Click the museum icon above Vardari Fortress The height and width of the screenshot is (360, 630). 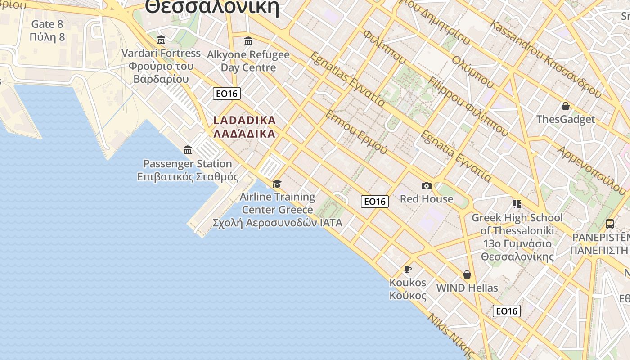pos(161,40)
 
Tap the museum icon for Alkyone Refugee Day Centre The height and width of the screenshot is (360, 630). pos(248,41)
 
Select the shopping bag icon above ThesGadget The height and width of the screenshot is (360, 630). pos(566,106)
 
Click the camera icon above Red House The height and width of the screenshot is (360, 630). pos(426,186)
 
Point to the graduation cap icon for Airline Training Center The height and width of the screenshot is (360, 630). pos(277,184)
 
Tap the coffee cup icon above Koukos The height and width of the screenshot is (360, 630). pos(408,269)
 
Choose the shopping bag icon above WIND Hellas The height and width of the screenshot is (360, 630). pos(467,274)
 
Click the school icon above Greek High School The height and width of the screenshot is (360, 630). pos(517,204)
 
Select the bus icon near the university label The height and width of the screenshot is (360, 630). pos(610,224)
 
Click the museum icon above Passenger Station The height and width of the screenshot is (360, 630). pos(188,150)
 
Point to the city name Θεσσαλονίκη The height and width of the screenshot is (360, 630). pos(212,7)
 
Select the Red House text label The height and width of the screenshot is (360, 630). pos(427,199)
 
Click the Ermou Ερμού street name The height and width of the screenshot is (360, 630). pos(356,132)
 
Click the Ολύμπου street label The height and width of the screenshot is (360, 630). pos(473,72)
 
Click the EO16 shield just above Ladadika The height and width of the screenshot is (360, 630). pos(227,94)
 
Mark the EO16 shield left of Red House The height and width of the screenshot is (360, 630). pos(375,201)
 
